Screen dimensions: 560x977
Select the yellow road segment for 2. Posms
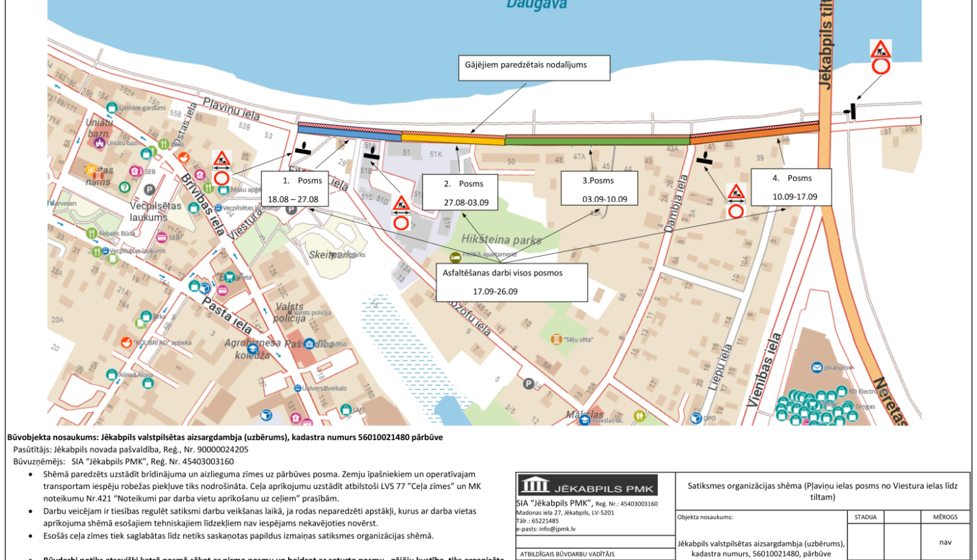click(453, 137)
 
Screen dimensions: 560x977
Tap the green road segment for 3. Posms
click(597, 140)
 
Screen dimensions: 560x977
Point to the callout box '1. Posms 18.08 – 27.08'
click(292, 189)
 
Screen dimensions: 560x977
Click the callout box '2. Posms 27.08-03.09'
click(460, 192)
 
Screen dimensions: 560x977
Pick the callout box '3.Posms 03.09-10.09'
click(599, 189)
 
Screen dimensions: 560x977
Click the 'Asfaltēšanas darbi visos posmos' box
click(511, 282)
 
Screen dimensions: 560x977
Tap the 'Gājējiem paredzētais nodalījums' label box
click(534, 68)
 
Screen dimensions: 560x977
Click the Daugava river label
click(527, 5)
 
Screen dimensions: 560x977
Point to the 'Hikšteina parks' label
click(501, 240)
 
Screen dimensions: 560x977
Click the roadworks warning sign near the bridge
click(881, 49)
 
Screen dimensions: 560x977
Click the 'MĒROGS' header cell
click(945, 517)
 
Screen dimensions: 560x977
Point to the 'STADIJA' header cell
click(865, 517)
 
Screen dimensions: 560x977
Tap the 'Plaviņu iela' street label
click(231, 109)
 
